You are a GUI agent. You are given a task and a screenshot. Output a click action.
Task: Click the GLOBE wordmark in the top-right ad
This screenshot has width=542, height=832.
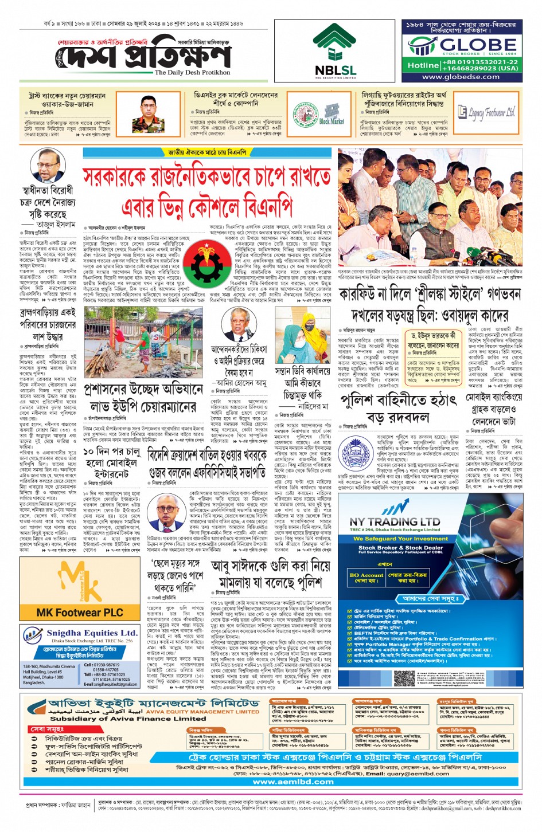point(478,45)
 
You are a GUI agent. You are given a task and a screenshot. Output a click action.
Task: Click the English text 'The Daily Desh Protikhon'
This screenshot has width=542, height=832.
point(192,73)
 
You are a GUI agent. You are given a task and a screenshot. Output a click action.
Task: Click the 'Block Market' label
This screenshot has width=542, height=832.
point(331,121)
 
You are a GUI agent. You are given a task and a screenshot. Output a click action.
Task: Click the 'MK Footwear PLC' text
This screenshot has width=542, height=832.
point(80,613)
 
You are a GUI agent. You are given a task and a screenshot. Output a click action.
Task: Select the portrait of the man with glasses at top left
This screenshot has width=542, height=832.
point(47,167)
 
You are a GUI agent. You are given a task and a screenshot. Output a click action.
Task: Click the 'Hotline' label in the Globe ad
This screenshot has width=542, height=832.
point(423,65)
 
